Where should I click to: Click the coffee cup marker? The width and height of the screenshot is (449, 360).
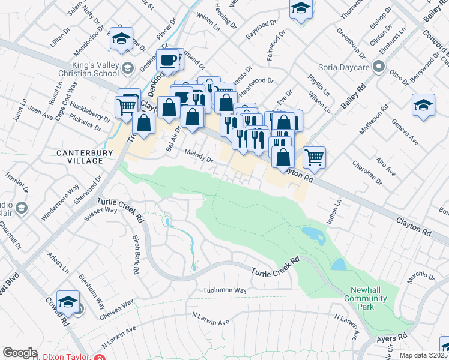pos(169,60)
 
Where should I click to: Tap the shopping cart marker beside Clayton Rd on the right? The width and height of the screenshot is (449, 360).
pos(314,157)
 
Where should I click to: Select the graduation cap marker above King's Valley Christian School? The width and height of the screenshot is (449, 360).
pos(122,39)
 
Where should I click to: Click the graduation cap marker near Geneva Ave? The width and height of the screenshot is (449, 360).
pos(423,104)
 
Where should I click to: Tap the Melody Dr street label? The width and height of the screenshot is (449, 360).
pos(199,156)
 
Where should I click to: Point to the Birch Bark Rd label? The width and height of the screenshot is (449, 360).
pos(136,255)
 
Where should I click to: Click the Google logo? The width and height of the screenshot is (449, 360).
pos(20,352)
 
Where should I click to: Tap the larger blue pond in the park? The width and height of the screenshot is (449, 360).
pos(314,236)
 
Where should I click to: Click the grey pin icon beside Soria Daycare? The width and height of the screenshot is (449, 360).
pos(378,66)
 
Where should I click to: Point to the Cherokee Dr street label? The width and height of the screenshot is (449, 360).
pos(367,173)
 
